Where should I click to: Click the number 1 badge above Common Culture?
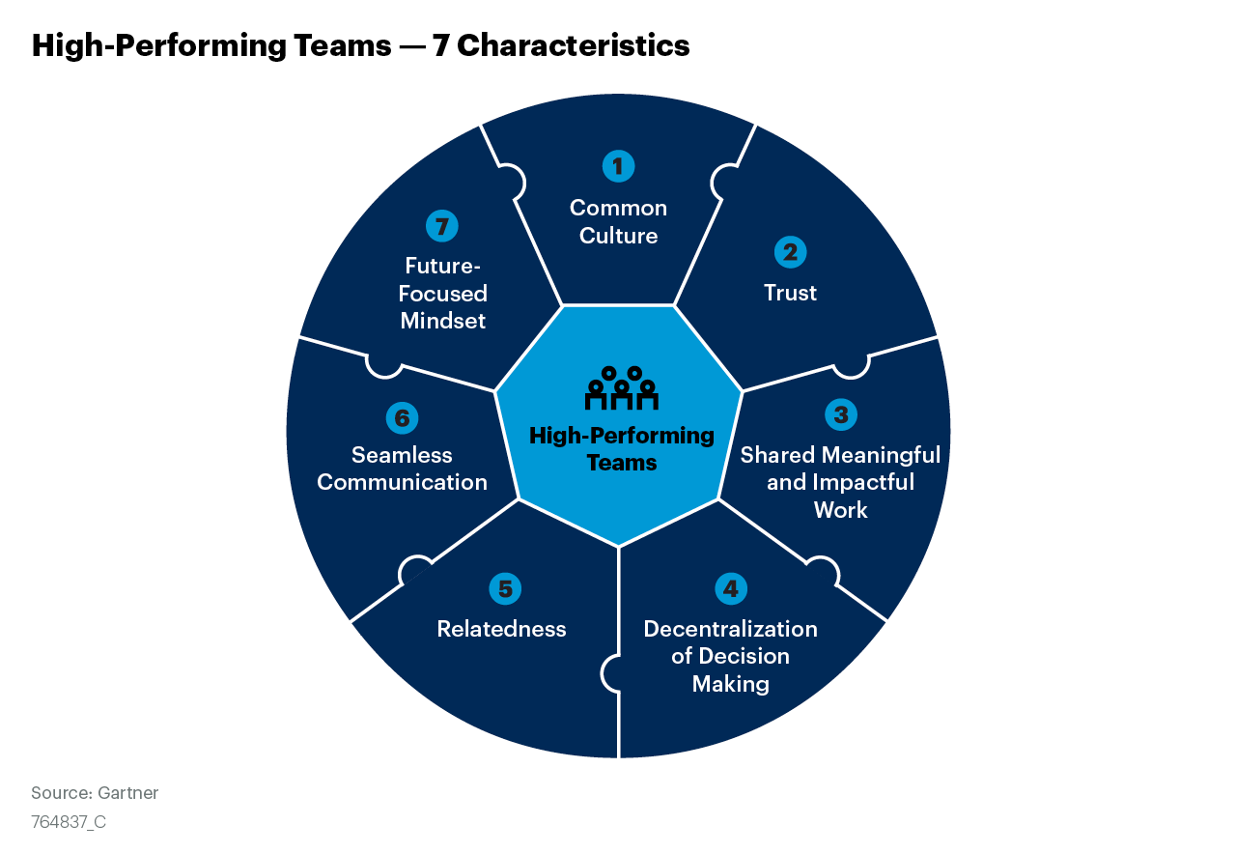pos(618,166)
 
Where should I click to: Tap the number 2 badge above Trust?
pos(790,252)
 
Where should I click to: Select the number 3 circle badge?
pos(841,414)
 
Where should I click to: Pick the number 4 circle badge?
pos(730,588)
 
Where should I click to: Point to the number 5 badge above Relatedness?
pos(504,588)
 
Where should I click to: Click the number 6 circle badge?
pos(402,418)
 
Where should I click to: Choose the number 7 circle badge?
pos(442,226)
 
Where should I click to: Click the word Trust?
pos(790,293)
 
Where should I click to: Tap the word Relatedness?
pos(501,629)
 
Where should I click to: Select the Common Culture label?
pos(618,222)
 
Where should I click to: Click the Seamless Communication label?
pos(402,469)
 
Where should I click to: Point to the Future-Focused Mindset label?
pos(443,293)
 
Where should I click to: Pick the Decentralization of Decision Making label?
pos(730,656)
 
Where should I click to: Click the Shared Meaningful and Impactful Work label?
pos(840,482)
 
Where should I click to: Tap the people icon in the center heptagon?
pos(621,387)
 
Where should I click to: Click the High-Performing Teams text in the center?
pos(622,449)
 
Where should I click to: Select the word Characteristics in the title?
pos(574,45)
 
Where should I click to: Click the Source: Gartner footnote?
pos(95,793)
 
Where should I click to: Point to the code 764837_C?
pos(69,822)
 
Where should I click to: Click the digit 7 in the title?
pos(440,45)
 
